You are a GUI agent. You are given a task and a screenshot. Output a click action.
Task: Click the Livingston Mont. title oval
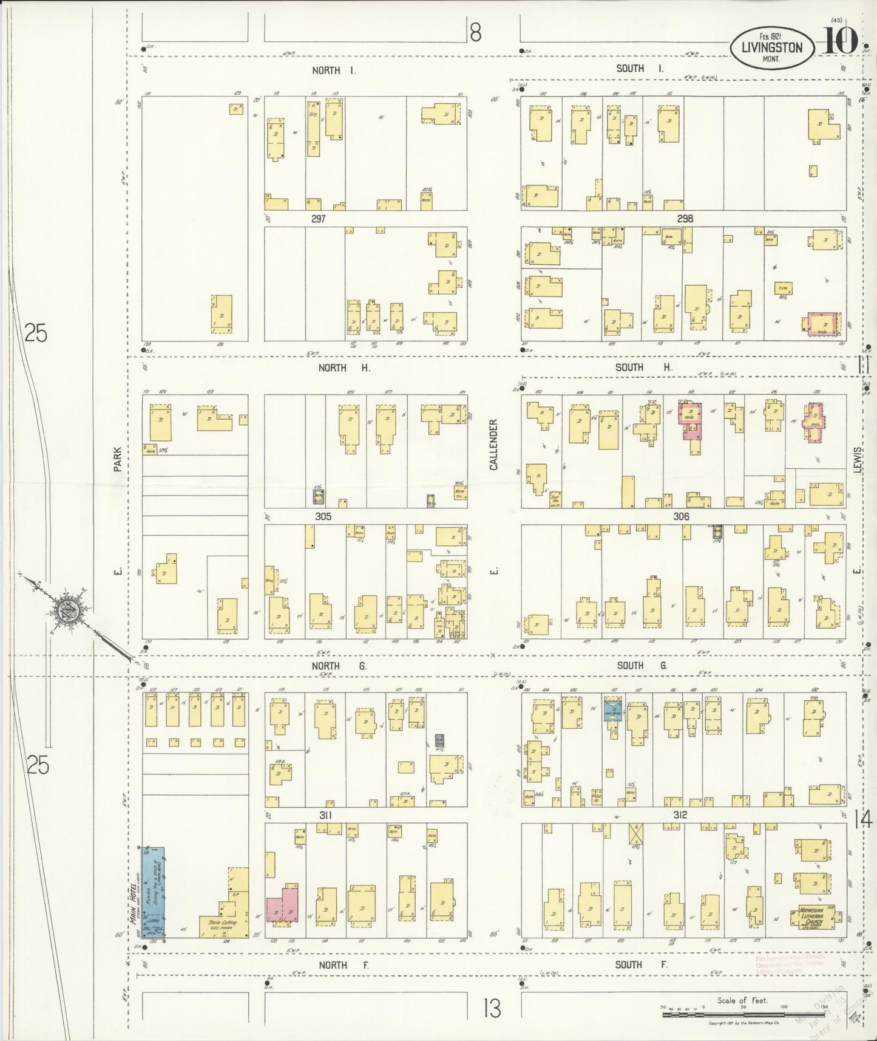pos(771,49)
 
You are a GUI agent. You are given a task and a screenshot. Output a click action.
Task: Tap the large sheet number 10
pos(841,41)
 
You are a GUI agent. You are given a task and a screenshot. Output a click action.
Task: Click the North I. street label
pos(334,70)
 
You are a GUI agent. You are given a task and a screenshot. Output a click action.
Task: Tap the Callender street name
pos(493,444)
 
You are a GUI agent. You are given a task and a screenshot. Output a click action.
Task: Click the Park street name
pos(118,460)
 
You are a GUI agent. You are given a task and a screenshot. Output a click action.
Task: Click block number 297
pos(319,219)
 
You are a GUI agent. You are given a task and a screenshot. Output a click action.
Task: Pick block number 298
pos(685,219)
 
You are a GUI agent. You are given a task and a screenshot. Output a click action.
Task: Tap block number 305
pos(323,516)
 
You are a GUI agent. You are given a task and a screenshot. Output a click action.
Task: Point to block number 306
pos(681,516)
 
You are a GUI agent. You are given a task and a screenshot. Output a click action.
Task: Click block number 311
pos(325,815)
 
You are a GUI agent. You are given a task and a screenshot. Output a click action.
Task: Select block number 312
pos(679,815)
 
